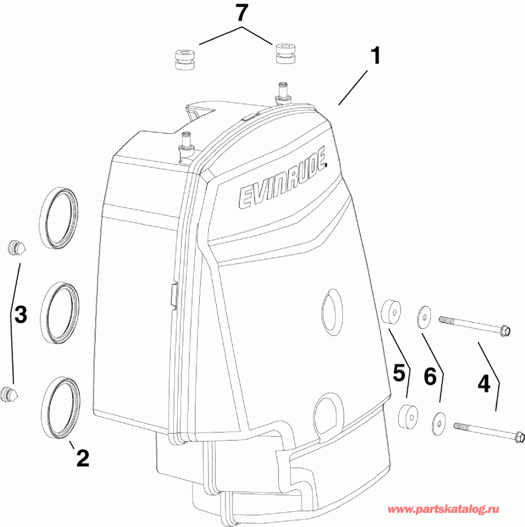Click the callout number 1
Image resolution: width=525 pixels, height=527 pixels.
click(375, 57)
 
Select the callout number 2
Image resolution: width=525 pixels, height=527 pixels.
click(82, 458)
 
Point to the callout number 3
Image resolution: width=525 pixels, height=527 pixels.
click(21, 315)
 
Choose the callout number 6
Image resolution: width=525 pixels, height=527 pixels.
click(430, 377)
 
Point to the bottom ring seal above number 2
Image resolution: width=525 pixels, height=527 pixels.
click(61, 405)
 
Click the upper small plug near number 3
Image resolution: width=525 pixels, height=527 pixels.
click(17, 248)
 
